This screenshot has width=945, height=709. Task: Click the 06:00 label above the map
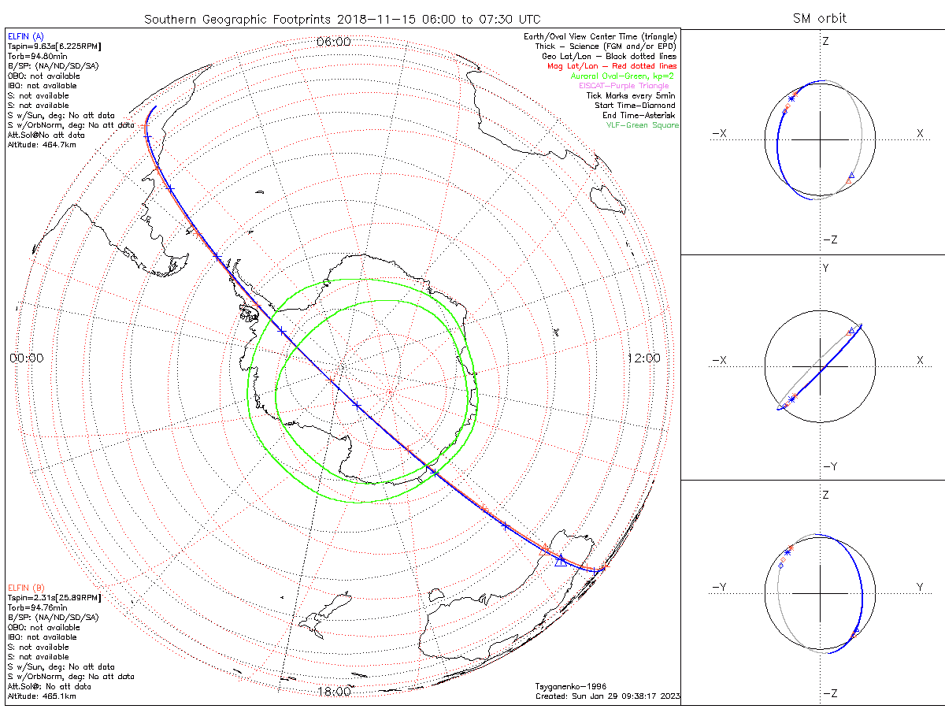[x=333, y=42]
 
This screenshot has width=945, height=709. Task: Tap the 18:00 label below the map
[x=333, y=692]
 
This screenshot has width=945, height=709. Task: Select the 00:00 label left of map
[x=26, y=358]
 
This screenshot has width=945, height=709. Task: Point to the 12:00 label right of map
[x=643, y=358]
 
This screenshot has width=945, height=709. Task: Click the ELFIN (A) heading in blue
[x=26, y=37]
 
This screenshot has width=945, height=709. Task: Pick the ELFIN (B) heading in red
[x=26, y=588]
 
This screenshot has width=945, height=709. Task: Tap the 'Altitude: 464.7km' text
[x=42, y=144]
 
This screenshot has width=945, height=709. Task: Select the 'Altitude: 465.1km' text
[x=42, y=696]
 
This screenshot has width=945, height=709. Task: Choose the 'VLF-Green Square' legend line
[x=642, y=125]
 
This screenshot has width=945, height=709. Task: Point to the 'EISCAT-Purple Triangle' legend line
[x=624, y=86]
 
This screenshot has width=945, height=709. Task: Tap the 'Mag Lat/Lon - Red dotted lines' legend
[x=612, y=66]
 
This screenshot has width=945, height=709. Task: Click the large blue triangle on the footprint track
[x=560, y=560]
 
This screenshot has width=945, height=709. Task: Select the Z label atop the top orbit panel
[x=825, y=41]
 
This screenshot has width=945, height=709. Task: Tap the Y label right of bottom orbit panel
[x=919, y=587]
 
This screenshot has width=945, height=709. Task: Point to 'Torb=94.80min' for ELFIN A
[x=37, y=57]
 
